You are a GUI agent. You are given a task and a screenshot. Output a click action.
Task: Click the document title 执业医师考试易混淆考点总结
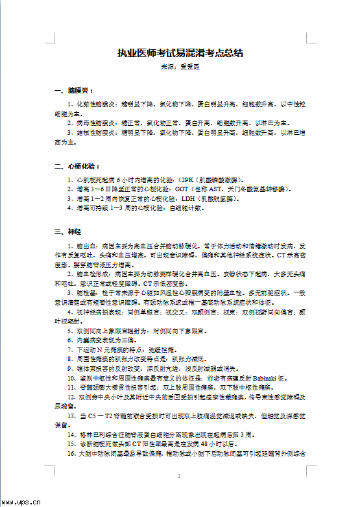[x=180, y=53]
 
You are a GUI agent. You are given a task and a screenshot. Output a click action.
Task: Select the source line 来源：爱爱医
[x=180, y=67]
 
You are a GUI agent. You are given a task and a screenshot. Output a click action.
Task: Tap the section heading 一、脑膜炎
[x=74, y=90]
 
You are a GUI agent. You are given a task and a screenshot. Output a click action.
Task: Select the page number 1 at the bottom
[x=180, y=477]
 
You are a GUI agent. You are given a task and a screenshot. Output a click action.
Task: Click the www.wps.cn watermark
[x=21, y=501]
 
